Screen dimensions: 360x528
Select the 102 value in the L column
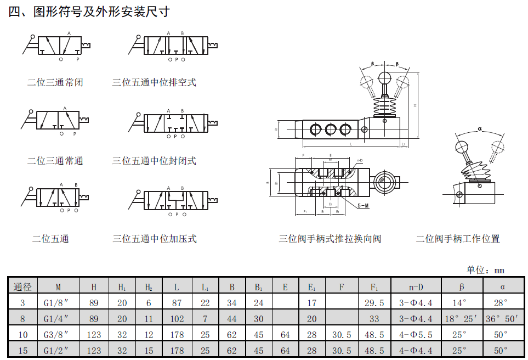tap(177, 318)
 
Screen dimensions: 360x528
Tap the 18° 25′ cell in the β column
tap(462, 318)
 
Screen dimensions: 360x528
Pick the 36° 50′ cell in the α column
tap(503, 318)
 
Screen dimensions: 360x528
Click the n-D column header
tap(416, 286)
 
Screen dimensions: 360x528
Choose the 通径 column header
tap(22, 286)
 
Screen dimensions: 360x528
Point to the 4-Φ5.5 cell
tap(416, 334)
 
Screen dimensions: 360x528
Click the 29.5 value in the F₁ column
tap(374, 302)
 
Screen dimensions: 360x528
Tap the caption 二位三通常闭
tap(55, 83)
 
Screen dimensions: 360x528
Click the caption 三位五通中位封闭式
tap(154, 161)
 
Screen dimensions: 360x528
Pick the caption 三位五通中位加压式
tap(155, 239)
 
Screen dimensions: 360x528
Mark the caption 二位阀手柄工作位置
tap(458, 239)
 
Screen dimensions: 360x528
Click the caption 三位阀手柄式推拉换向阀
tap(330, 239)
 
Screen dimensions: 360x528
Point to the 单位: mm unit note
tap(485, 270)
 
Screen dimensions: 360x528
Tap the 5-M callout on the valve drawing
tap(363, 205)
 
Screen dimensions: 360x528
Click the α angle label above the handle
tap(480, 129)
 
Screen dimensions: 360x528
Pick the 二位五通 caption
tap(51, 239)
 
